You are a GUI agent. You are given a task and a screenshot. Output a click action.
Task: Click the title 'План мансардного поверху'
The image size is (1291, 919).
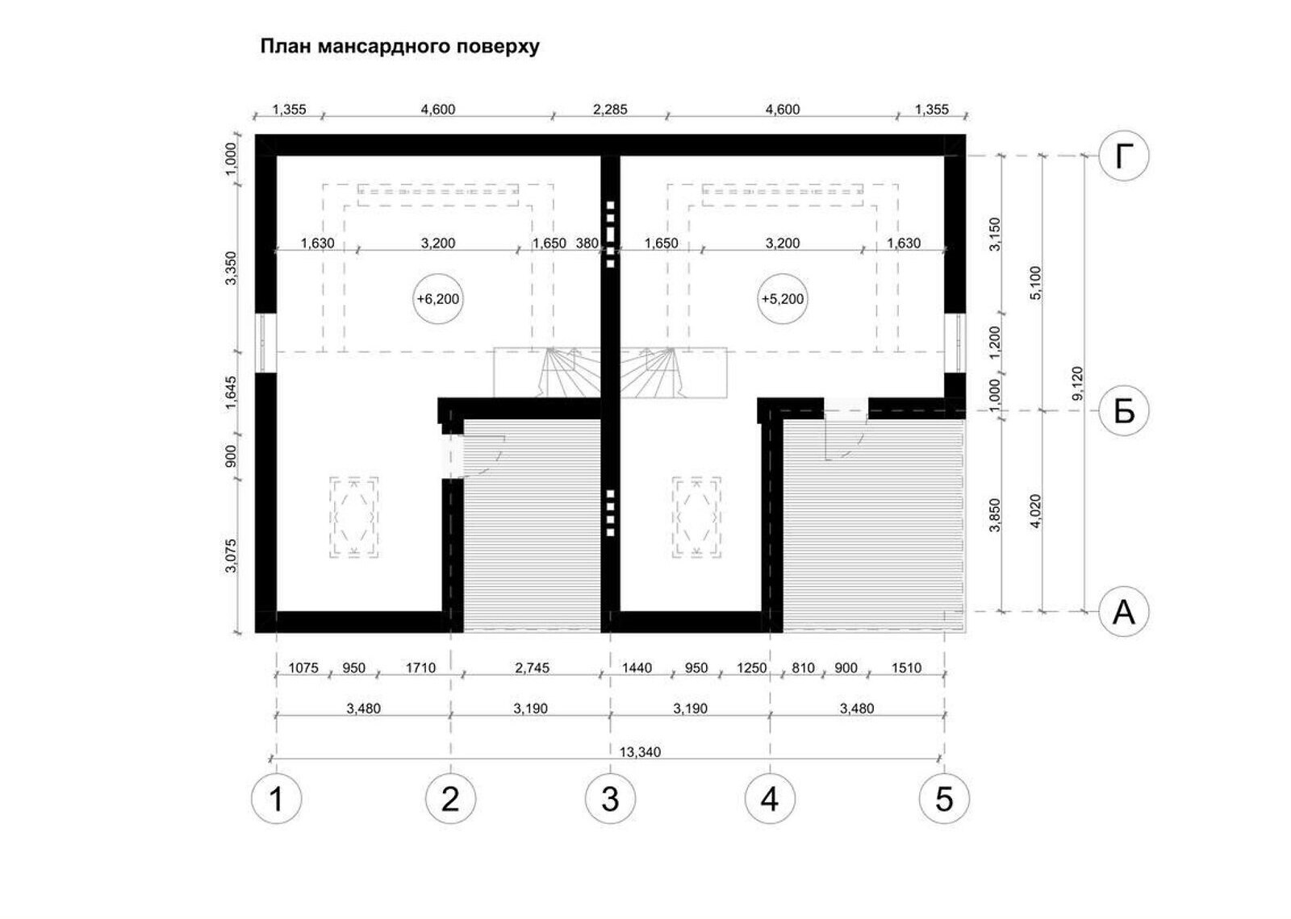coord(399,47)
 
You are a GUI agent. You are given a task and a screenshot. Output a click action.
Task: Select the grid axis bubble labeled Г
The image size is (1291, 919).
coord(1123,156)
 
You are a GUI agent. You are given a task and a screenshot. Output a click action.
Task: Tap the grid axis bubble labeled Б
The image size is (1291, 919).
coord(1123,411)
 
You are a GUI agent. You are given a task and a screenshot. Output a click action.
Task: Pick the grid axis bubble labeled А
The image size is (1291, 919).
coord(1123,612)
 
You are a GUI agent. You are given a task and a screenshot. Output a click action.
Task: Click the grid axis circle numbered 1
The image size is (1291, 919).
coord(277,799)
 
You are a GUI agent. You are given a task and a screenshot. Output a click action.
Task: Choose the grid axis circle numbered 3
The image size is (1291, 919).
coord(610,799)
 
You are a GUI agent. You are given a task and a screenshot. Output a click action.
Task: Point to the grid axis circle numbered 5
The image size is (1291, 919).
coord(944,799)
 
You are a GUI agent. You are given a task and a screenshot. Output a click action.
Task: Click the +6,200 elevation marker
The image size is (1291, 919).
coord(438,299)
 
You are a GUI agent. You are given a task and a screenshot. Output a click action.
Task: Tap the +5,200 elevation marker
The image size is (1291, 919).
coord(782,299)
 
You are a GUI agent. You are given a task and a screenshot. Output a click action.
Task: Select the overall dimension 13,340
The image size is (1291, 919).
coord(640,752)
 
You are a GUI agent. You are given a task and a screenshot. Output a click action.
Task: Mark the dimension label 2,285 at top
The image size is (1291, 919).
coord(610,110)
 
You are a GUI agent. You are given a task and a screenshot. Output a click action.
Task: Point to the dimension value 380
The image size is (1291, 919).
coord(587,243)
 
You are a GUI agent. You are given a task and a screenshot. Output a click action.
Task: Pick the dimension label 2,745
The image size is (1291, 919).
coord(532,668)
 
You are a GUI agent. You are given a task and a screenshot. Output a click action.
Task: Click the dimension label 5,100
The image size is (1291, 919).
coord(1035,283)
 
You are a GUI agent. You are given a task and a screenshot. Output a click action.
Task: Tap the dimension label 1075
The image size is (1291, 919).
coord(303,668)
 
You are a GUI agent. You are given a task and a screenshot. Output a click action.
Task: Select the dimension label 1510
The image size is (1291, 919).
coord(906,668)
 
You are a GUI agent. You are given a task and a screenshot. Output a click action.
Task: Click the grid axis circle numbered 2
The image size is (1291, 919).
coord(451,799)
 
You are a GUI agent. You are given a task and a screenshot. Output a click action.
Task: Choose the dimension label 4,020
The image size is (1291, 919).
coord(1035,511)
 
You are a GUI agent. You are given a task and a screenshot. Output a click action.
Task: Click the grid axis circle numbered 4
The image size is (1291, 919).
coord(770,799)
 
